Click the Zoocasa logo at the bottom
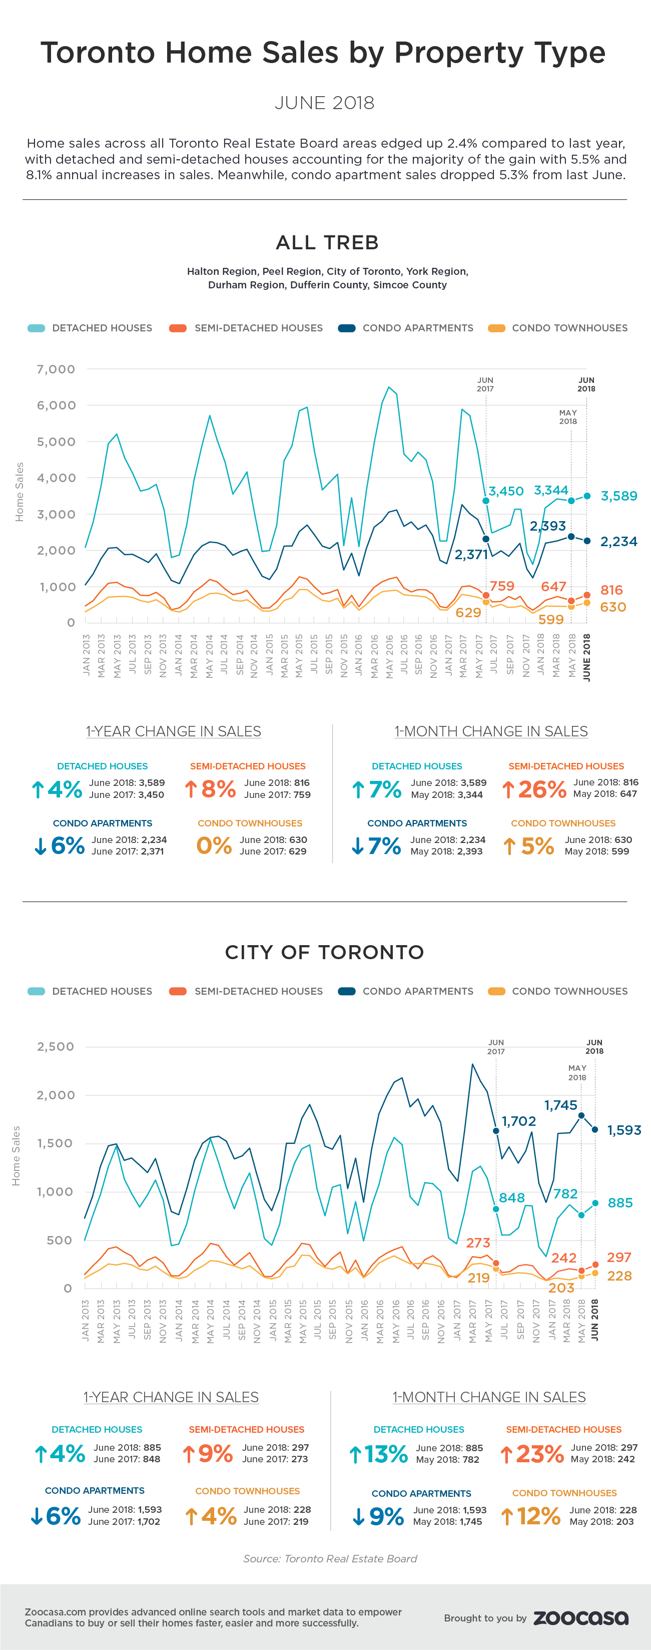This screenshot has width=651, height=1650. (x=580, y=1618)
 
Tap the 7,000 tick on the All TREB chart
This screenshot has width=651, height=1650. (x=57, y=369)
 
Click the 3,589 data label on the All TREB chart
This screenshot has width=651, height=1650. (x=618, y=496)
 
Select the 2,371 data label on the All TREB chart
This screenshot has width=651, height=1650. (x=471, y=554)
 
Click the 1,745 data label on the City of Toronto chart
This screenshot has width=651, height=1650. (x=561, y=1105)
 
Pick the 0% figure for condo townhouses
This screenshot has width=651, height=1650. (x=214, y=846)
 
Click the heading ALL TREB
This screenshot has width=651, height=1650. (x=327, y=242)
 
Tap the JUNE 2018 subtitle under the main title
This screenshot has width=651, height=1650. (x=325, y=103)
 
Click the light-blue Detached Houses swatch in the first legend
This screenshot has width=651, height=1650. (x=37, y=328)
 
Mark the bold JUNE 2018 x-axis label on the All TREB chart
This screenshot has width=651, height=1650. (x=587, y=657)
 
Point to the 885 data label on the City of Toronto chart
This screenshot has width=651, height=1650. (x=619, y=1203)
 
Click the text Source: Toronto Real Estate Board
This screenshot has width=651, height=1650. (x=330, y=1558)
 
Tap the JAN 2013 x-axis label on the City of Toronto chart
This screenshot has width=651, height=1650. (x=86, y=1320)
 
